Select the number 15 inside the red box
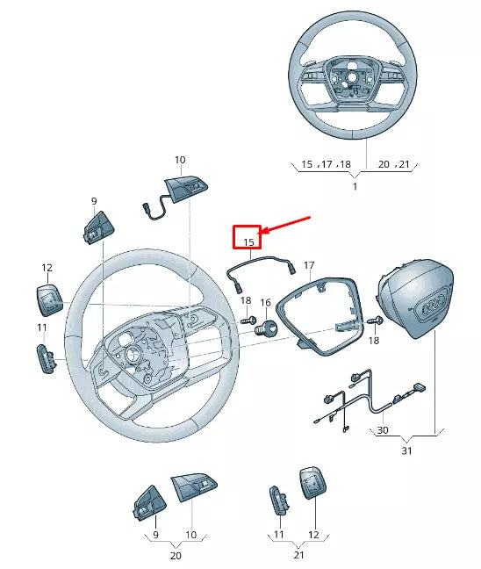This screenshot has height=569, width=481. tap(248, 241)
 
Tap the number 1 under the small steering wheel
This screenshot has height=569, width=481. tap(355, 187)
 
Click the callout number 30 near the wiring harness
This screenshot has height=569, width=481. tap(382, 430)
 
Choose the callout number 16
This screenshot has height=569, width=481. tap(265, 302)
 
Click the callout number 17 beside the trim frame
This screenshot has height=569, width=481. tap(309, 264)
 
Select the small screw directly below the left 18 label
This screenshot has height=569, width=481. tap(249, 319)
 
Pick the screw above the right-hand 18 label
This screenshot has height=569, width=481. tap(375, 321)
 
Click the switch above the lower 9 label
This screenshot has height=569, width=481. tap(146, 504)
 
